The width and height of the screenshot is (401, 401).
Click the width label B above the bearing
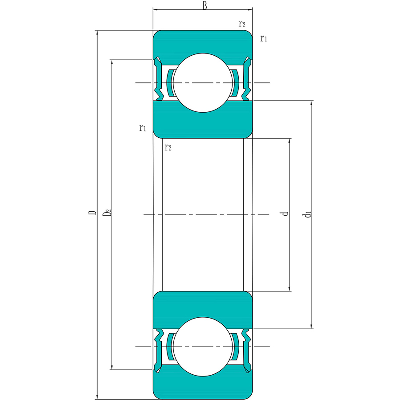click(x=205, y=6)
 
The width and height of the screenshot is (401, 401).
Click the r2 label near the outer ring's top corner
click(x=242, y=24)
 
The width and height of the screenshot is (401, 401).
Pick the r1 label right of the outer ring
click(x=264, y=38)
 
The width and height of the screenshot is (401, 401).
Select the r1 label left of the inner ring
click(x=143, y=128)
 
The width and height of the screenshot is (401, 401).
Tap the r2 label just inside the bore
click(x=168, y=147)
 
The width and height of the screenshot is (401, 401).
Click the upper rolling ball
click(x=203, y=83)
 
